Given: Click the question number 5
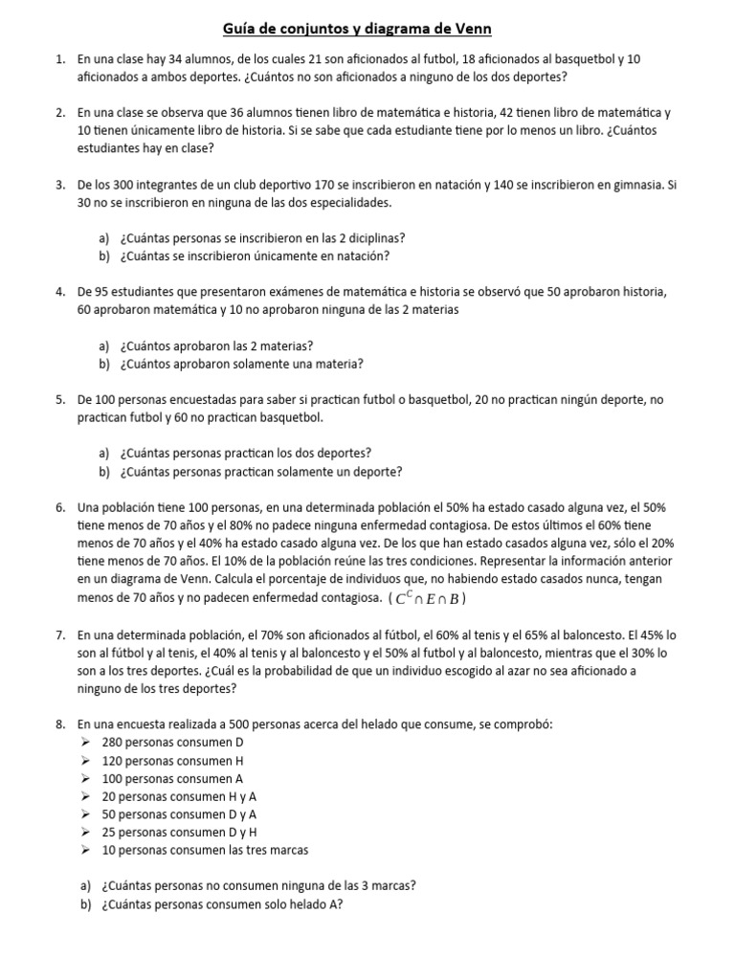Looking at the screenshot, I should click(59, 399).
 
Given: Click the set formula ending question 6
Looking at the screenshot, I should click(428, 599).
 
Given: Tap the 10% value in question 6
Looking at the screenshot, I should click(237, 561).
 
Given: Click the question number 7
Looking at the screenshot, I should click(59, 634).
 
